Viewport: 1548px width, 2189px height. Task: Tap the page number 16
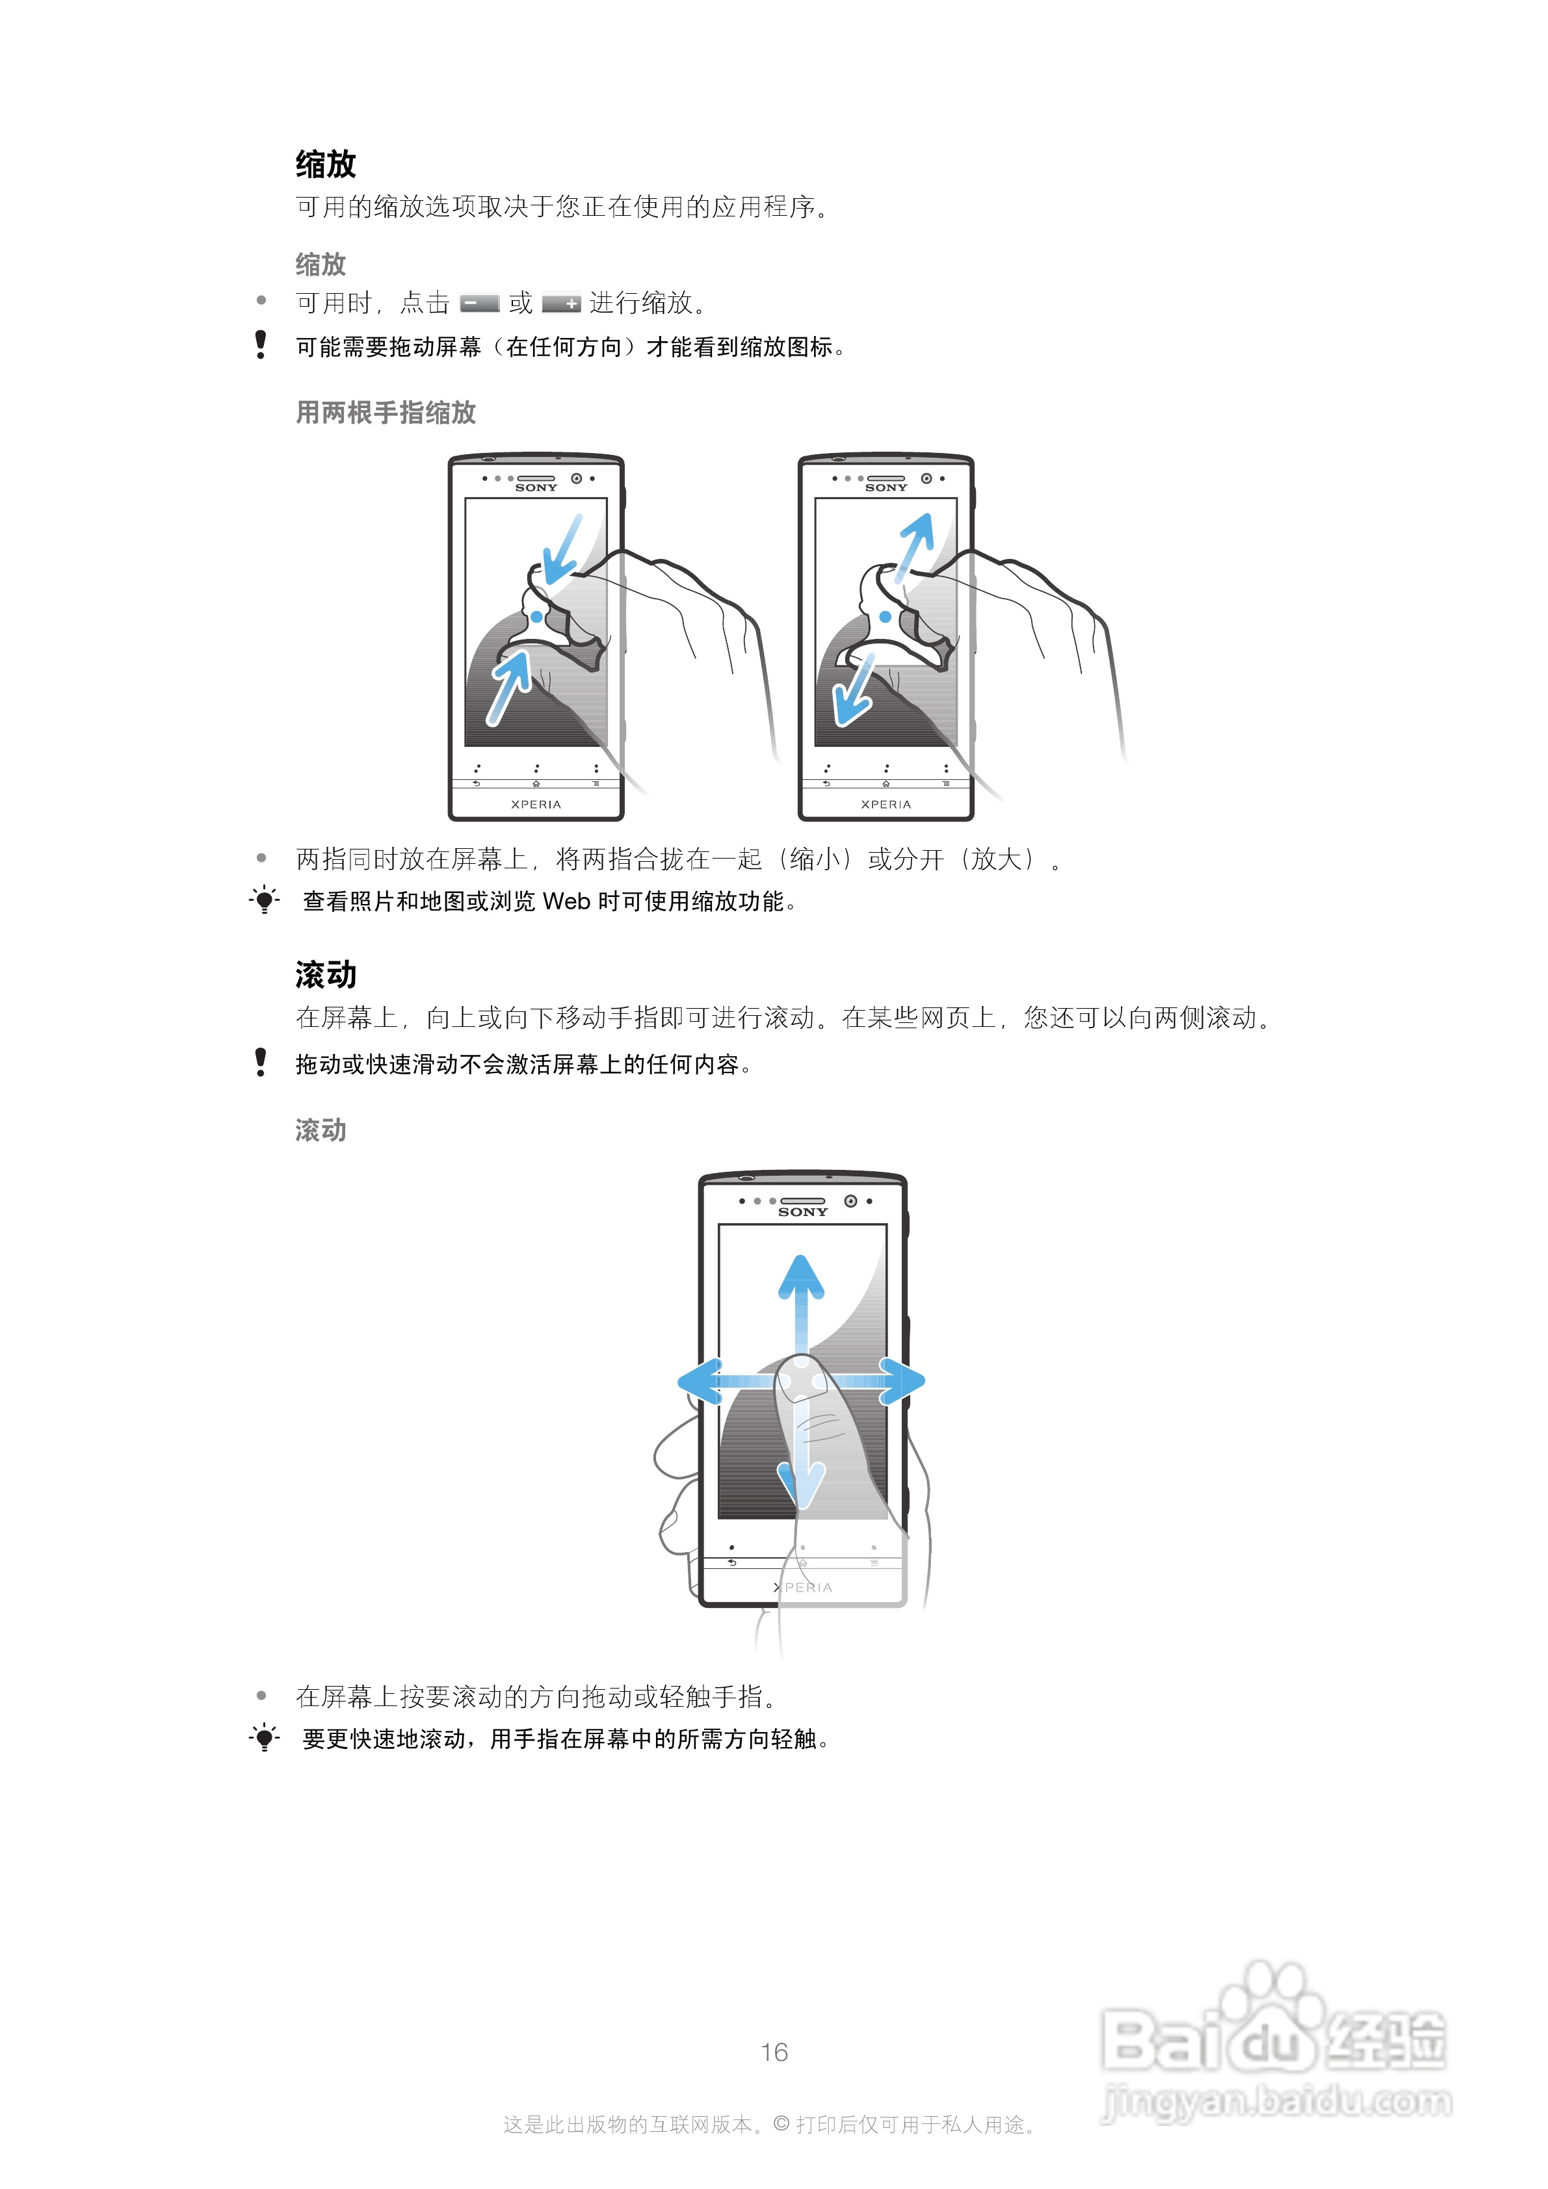774,2052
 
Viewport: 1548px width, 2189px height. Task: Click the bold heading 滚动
325,974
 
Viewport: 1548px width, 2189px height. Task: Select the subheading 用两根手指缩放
386,412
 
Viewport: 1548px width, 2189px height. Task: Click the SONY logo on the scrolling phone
802,1211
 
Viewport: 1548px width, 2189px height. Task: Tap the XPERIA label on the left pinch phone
536,805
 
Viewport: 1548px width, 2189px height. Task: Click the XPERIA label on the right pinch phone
886,805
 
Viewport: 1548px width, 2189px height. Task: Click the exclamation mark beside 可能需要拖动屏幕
261,344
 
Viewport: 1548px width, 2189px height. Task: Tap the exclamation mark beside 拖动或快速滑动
261,1062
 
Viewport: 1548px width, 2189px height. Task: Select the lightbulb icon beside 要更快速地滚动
264,1738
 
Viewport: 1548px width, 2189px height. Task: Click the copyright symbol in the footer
781,2124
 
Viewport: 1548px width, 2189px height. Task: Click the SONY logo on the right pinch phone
886,487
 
